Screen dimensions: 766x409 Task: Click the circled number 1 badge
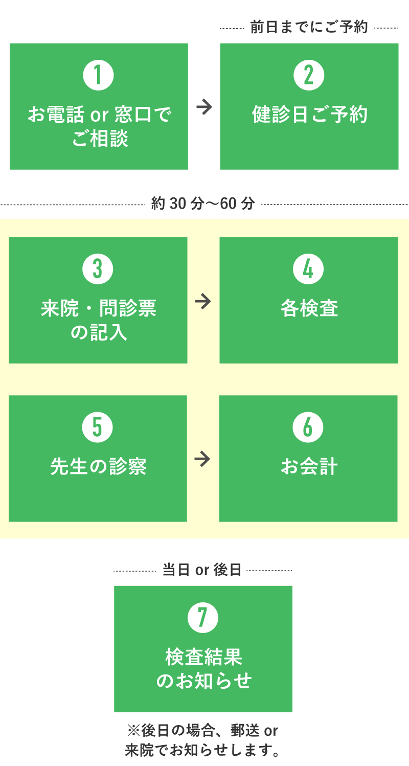point(98,75)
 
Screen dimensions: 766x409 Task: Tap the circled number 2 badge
point(309,75)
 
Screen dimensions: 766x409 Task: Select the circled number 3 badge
point(98,269)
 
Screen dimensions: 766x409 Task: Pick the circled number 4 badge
point(308,269)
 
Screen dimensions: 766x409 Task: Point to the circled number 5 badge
point(97,427)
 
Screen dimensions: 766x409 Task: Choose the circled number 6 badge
point(308,427)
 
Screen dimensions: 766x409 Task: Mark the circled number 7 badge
point(203,618)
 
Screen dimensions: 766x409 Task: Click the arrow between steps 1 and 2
point(204,107)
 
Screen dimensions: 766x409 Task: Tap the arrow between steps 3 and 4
point(203,301)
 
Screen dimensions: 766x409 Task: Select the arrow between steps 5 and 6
point(202,459)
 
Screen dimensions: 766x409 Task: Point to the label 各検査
point(309,309)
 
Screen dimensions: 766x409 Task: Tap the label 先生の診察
point(98,467)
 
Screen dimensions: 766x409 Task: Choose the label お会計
point(309,467)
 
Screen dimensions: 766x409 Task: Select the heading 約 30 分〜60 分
point(203,204)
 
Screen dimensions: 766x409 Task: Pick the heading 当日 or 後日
point(202,570)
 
